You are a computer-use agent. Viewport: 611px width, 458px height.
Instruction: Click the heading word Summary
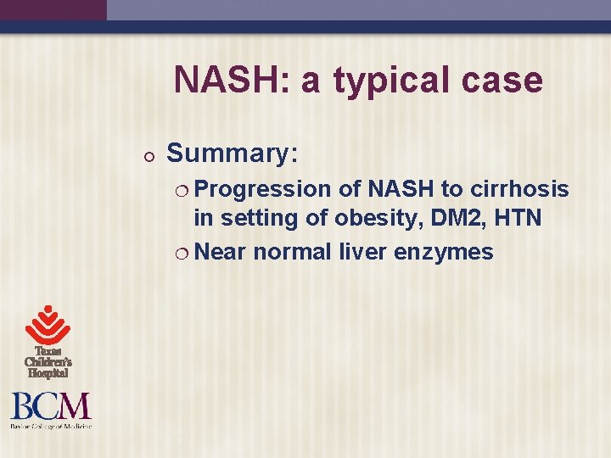tap(232, 154)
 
